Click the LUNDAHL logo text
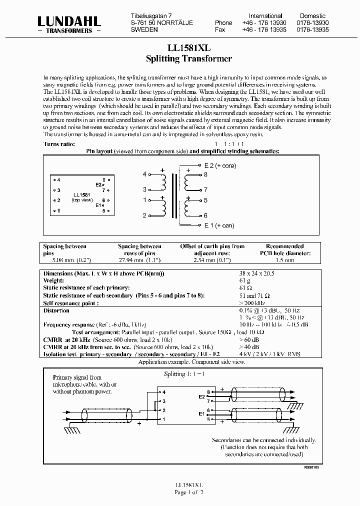click(69, 20)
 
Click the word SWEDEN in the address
click(144, 30)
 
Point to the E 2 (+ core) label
click(220, 165)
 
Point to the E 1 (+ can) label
click(219, 225)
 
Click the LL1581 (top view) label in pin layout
click(82, 197)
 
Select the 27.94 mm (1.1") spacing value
click(139, 260)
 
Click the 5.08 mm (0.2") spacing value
click(64, 260)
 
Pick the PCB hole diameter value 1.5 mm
click(284, 260)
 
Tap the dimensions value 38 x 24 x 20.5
click(257, 274)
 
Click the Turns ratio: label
click(59, 144)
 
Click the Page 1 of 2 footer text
click(188, 492)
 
